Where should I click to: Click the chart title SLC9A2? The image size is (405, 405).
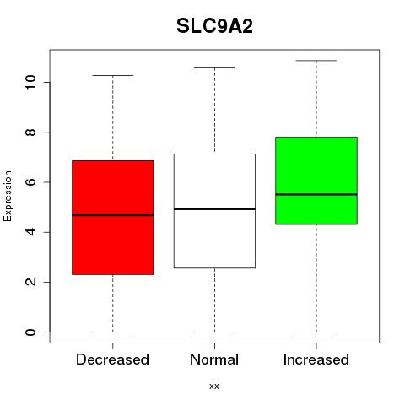(214, 26)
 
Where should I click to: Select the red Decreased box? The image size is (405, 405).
(113, 218)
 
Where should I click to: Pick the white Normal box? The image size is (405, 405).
(214, 211)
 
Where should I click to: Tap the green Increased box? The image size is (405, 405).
(316, 181)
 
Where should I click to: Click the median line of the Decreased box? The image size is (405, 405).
(113, 215)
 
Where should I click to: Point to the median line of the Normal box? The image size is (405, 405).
(214, 209)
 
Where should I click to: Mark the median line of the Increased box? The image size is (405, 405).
(316, 194)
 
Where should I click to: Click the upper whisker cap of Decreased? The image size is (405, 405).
(113, 75)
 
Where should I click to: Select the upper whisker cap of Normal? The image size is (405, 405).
(214, 67)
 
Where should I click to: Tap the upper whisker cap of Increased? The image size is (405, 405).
(316, 61)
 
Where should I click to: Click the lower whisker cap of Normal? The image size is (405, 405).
(214, 332)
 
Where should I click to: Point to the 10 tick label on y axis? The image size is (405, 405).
(30, 82)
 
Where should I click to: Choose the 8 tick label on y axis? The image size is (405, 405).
(30, 132)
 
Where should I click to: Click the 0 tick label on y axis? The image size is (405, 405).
(30, 332)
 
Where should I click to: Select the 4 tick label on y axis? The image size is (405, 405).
(30, 232)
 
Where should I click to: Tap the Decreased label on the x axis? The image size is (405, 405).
(112, 359)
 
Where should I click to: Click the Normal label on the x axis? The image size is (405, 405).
(214, 359)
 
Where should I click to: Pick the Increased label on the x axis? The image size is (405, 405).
(316, 359)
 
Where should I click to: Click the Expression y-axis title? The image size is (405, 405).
(8, 196)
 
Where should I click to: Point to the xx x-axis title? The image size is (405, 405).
(214, 386)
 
